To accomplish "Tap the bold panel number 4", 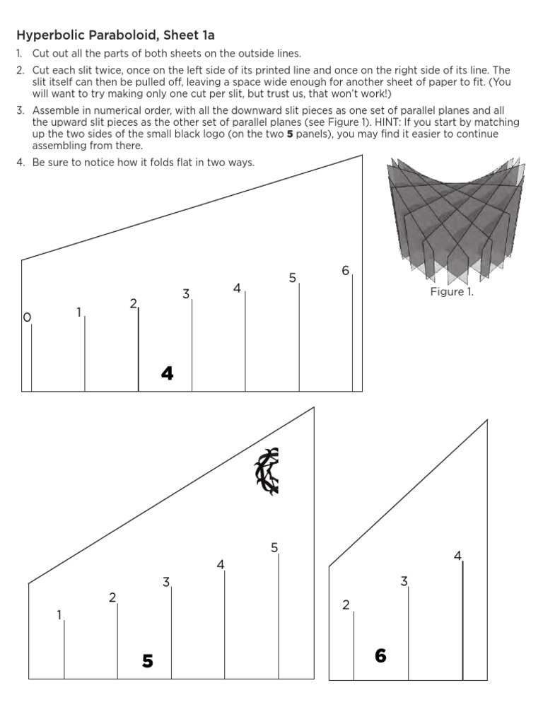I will pyautogui.click(x=167, y=373).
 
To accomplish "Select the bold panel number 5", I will pyautogui.click(x=147, y=661).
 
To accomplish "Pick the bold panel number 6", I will pyautogui.click(x=380, y=656).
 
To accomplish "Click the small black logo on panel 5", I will pyautogui.click(x=267, y=470).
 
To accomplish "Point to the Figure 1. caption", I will pyautogui.click(x=452, y=292).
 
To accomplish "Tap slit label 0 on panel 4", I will pyautogui.click(x=27, y=317).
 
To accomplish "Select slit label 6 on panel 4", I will pyautogui.click(x=346, y=270).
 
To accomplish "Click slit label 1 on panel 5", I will pyautogui.click(x=59, y=614).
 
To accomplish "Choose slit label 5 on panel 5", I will pyautogui.click(x=274, y=547).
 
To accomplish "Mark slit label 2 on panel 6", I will pyautogui.click(x=346, y=605).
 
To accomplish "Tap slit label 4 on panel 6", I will pyautogui.click(x=457, y=556).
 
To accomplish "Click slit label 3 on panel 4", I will pyautogui.click(x=186, y=293).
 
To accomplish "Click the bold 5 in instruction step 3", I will pyautogui.click(x=290, y=134).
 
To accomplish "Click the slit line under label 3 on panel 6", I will pyautogui.click(x=409, y=636).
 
